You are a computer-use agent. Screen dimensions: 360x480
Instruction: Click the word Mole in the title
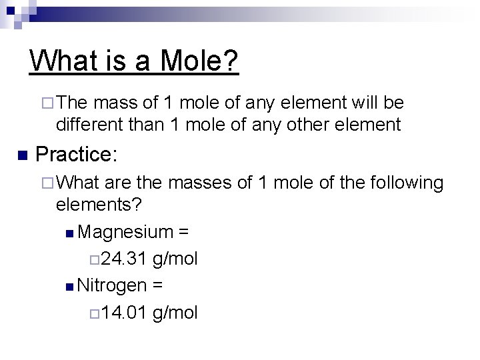coord(199,61)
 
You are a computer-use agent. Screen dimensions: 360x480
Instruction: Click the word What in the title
coord(61,61)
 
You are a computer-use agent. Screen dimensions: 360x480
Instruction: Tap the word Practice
coord(76,155)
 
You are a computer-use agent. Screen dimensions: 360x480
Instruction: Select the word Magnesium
coord(125,232)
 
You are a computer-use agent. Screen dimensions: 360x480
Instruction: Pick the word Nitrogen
coord(112,285)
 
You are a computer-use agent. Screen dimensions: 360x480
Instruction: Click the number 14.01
coord(125,312)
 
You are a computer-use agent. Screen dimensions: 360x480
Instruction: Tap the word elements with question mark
coord(99,204)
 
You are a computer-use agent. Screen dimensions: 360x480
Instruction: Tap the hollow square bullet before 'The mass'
coord(46,104)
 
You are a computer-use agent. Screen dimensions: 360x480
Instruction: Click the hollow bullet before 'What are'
coord(46,183)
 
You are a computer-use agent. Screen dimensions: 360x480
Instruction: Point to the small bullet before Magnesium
coord(71,233)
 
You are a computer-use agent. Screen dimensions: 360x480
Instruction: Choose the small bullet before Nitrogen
coord(71,287)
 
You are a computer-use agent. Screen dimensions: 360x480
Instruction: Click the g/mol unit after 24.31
coord(175,259)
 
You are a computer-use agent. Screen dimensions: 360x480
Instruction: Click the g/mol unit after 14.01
coord(175,312)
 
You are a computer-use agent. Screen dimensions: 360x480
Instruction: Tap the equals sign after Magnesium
coord(183,233)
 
